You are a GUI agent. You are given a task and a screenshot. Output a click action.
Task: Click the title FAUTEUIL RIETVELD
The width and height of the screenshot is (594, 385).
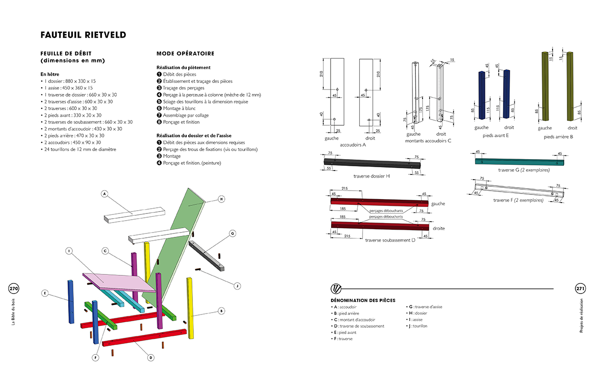coord(83,35)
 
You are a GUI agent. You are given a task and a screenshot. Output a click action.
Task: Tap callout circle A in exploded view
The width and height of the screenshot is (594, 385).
coord(104,193)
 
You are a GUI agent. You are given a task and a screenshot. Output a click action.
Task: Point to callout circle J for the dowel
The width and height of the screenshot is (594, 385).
coord(237,286)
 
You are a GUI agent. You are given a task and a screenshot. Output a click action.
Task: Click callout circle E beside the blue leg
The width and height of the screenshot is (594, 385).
coord(45,293)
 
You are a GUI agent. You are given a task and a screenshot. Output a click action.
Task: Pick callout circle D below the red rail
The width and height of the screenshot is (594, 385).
coord(151,357)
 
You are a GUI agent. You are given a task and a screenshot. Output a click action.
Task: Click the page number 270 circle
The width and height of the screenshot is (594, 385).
coord(13,289)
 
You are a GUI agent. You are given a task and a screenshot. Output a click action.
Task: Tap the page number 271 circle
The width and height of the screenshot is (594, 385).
coord(580,289)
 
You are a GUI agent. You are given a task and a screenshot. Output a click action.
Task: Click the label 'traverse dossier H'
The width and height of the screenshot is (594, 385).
coord(372,176)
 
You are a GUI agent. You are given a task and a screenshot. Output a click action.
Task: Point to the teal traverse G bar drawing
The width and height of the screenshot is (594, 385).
coord(519,161)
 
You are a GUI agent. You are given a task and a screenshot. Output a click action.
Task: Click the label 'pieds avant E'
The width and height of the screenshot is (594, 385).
coord(495,136)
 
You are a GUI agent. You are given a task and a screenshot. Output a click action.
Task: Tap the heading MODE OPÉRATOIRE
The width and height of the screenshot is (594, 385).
coord(185,54)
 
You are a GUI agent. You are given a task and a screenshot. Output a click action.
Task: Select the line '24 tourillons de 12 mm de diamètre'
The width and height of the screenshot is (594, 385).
coord(81,149)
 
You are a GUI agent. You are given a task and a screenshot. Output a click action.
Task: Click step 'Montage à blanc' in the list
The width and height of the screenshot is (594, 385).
coord(179,108)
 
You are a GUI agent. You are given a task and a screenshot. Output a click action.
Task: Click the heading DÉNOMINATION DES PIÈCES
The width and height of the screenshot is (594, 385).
coord(362,300)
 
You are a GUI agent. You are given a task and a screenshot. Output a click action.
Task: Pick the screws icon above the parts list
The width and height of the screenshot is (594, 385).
coord(336,289)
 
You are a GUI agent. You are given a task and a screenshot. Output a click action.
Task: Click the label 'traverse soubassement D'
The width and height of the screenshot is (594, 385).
coord(390,240)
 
